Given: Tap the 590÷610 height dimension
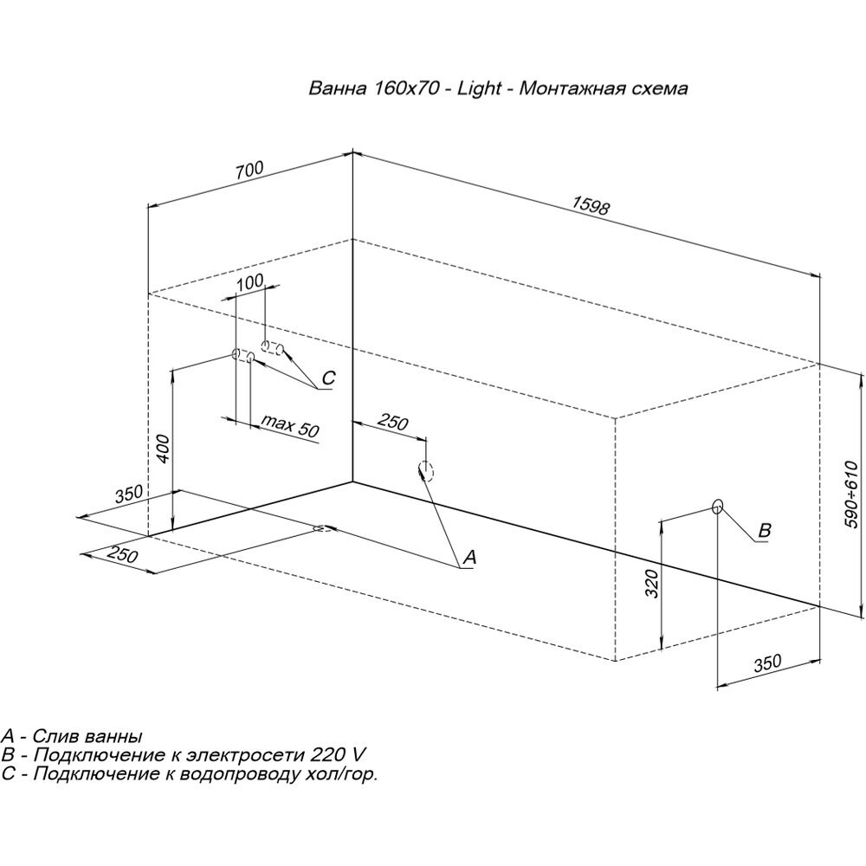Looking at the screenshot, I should pos(850,494).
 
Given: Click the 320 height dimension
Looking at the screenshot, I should pos(652,585).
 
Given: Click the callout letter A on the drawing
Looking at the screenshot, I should pos(469,559).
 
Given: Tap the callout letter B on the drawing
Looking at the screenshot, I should pos(764,530).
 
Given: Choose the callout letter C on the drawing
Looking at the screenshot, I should pos(327,378).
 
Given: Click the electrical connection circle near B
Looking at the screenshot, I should pos(717,506).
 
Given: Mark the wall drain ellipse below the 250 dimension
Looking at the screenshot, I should pos(425,470).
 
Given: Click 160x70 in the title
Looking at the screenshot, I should pos(404,89).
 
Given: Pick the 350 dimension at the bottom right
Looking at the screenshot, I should pos(766,664).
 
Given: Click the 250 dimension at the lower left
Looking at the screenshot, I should pos(124,557).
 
